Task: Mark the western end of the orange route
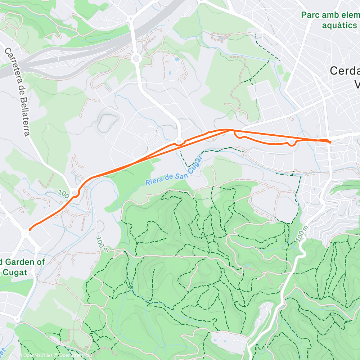30,229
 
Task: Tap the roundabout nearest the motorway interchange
136,58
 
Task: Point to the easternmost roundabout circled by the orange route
291,143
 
